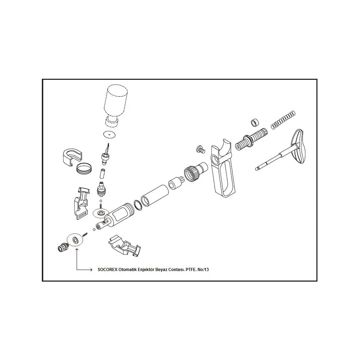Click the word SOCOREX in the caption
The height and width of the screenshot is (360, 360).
107,270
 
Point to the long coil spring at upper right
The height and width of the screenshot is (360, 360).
283,120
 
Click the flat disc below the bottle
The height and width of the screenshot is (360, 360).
110,134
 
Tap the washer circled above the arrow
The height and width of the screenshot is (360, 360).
75,240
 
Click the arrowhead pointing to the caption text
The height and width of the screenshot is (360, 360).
91,270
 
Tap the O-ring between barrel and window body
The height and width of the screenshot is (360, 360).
138,205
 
